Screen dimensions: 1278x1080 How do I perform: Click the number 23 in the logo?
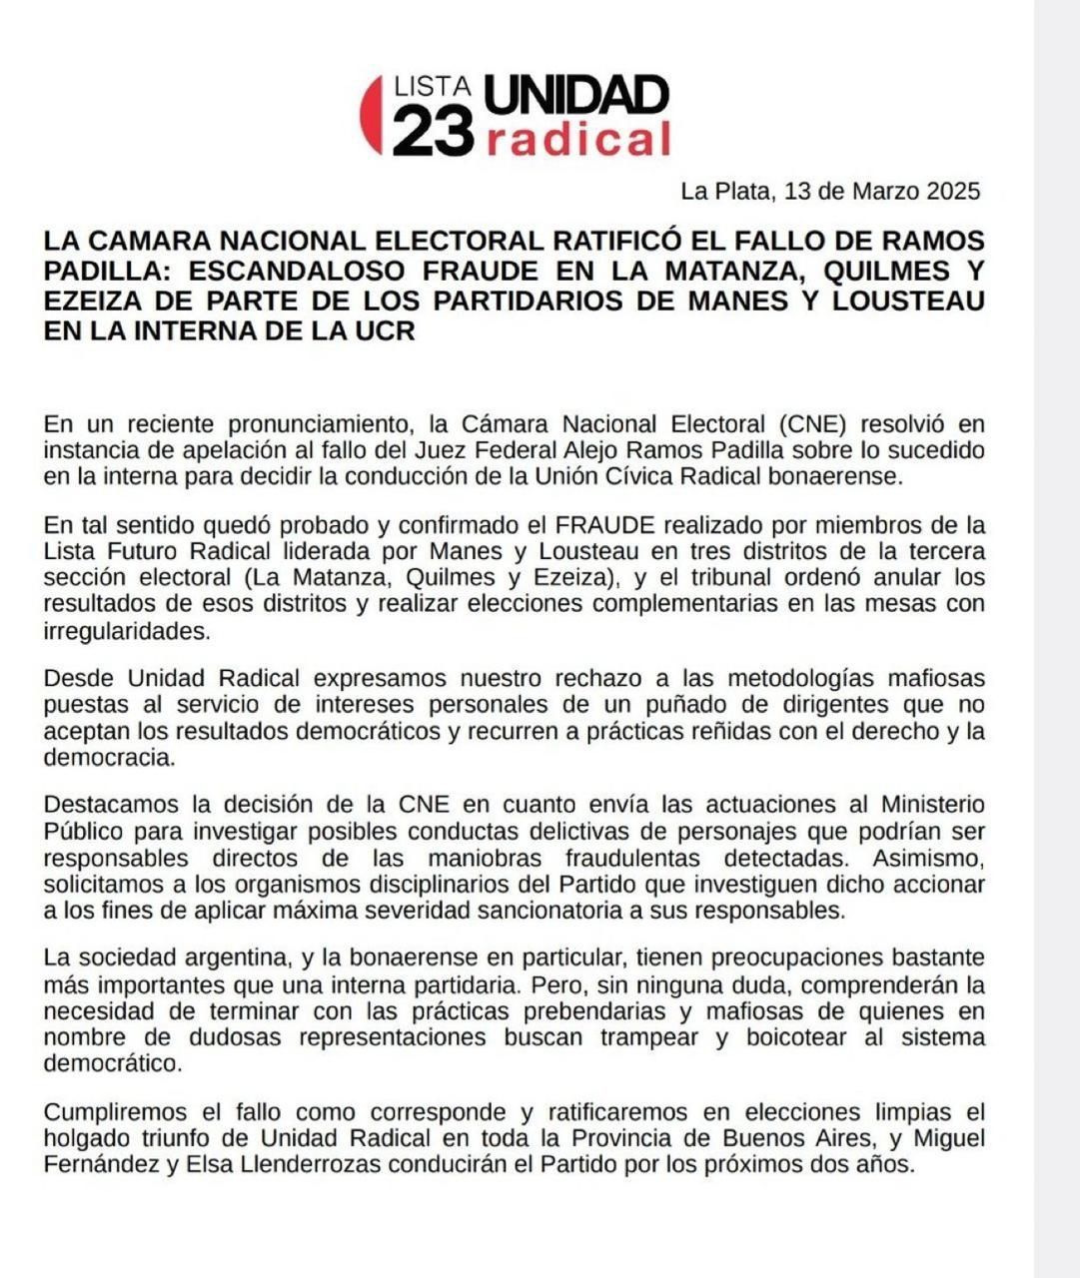(433, 132)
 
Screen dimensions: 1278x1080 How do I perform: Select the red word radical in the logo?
(577, 140)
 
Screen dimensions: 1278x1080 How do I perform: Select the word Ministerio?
(931, 805)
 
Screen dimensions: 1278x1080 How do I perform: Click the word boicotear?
(795, 1037)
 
